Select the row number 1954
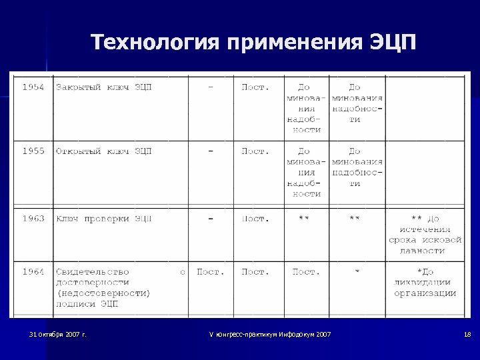pos(33,87)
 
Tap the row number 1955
pos(33,151)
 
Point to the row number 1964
pos(33,271)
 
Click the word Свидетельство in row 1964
pos(93,271)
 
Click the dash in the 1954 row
pos(211,87)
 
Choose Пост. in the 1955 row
pos(255,151)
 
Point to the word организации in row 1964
pos(425,293)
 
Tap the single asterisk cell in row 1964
pos(357,271)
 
